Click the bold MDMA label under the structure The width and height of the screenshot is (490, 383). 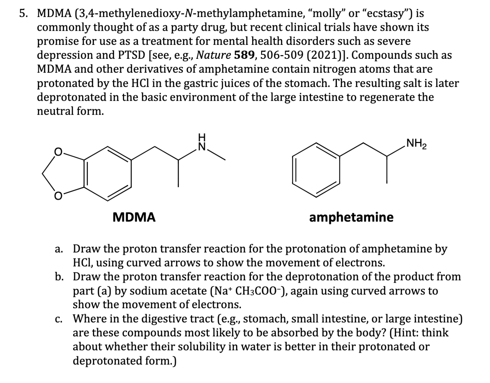(x=134, y=217)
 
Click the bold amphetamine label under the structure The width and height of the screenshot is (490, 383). (x=351, y=217)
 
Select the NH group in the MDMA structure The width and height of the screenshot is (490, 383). (x=202, y=143)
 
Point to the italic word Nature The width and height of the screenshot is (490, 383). (x=214, y=55)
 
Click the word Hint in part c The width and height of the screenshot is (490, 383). (x=401, y=333)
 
